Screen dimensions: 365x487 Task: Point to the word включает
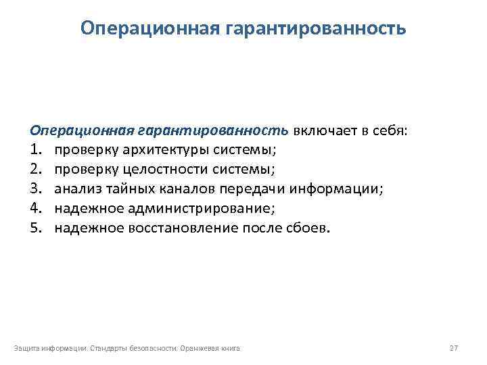click(x=321, y=130)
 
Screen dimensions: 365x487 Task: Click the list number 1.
click(x=34, y=149)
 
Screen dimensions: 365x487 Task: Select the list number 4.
click(x=34, y=208)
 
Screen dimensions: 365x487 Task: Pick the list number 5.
click(x=34, y=228)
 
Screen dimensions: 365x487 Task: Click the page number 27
click(x=454, y=348)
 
